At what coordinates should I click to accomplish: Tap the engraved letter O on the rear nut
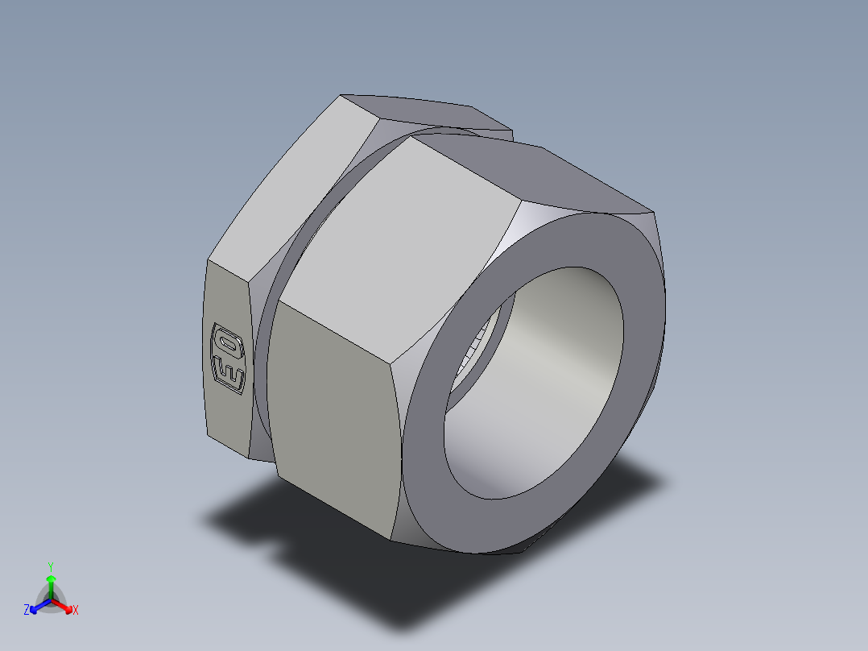click(x=227, y=342)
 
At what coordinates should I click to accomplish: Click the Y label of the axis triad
click(x=51, y=566)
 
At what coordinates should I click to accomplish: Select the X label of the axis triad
click(x=76, y=611)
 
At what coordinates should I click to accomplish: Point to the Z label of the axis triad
click(x=27, y=611)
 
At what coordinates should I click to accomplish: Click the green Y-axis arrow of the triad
click(x=51, y=583)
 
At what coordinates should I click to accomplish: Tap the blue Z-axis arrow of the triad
click(x=38, y=606)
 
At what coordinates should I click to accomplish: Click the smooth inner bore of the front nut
click(x=556, y=355)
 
